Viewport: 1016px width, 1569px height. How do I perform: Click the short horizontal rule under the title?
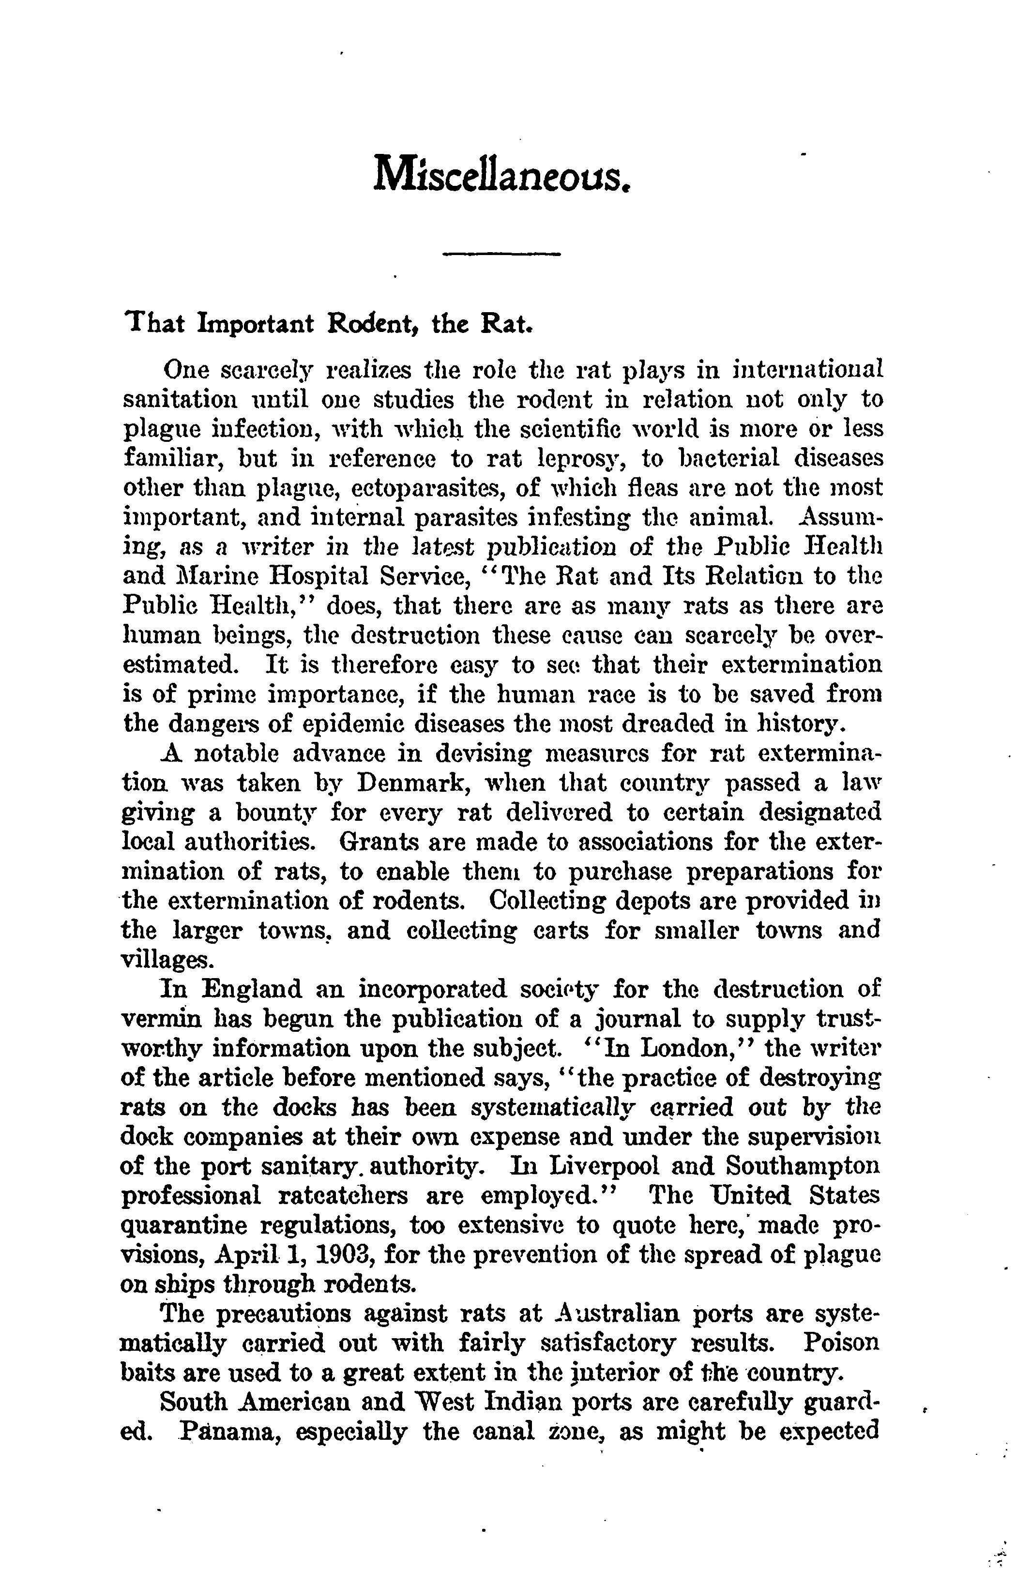[x=501, y=254]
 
